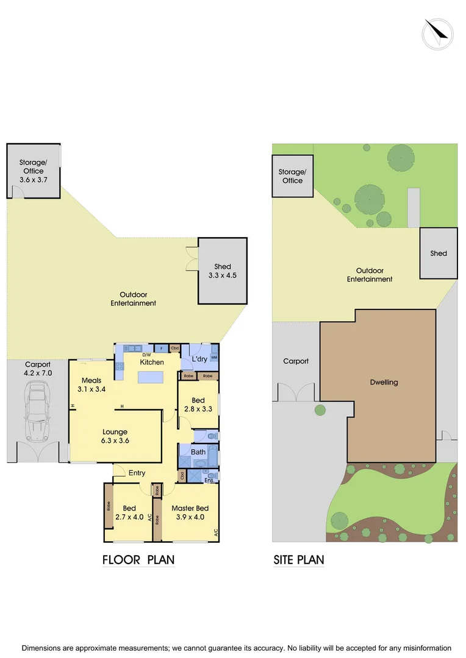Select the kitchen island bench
[151, 378]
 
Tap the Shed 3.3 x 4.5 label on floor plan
[222, 271]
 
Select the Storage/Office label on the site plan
[292, 176]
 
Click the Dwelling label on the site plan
[384, 383]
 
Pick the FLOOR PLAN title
[138, 560]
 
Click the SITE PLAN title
[298, 560]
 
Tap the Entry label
[137, 473]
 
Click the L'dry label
[199, 360]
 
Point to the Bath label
[198, 452]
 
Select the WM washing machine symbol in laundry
[214, 358]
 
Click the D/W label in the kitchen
[146, 355]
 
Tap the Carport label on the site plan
[296, 361]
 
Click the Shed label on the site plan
[439, 253]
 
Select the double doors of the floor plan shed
[192, 259]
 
